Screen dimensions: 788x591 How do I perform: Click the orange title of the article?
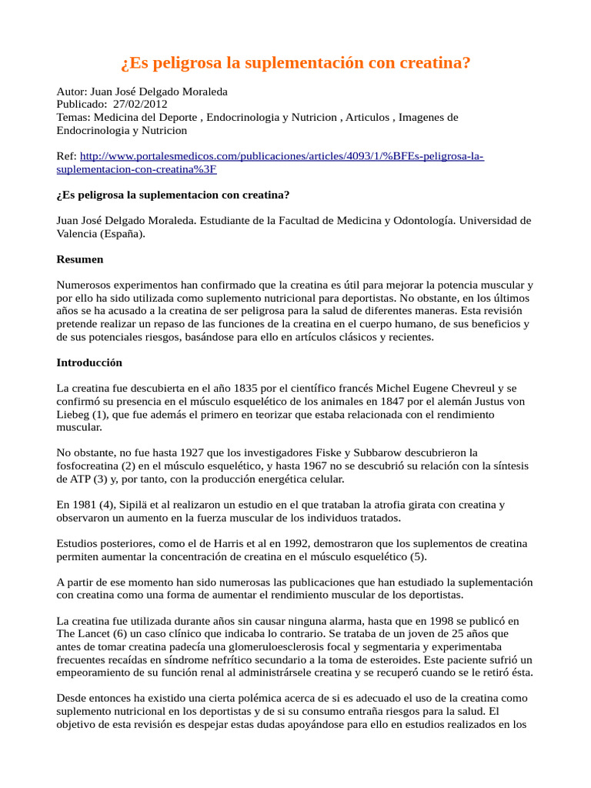(x=295, y=62)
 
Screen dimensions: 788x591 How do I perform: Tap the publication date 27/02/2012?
(x=140, y=104)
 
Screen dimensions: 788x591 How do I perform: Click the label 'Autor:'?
(x=72, y=91)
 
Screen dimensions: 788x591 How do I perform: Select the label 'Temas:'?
(x=74, y=117)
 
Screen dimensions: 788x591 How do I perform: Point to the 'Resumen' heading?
(x=80, y=259)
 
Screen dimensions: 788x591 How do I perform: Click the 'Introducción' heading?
(x=89, y=362)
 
